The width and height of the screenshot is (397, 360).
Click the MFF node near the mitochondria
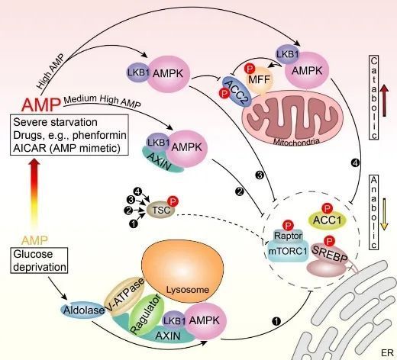259,80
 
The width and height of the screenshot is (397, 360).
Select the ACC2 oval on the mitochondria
237,92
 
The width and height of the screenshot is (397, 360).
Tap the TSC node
161,210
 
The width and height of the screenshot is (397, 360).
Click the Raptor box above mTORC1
288,236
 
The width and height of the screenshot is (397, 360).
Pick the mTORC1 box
288,251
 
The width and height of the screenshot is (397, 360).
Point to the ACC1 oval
327,220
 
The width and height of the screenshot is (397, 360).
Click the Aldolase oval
83,310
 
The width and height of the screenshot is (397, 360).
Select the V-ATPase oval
124,297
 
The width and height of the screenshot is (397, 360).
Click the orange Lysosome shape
182,271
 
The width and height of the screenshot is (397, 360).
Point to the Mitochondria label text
296,141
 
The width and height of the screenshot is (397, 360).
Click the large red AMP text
41,104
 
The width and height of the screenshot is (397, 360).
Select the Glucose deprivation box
39,260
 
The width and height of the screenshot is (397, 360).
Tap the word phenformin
99,135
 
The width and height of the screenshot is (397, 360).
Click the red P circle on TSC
173,201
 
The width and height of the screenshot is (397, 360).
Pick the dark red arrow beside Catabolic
384,101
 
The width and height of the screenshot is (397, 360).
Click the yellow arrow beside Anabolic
384,214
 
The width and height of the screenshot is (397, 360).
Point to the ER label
387,353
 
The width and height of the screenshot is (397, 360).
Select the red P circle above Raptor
288,226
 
